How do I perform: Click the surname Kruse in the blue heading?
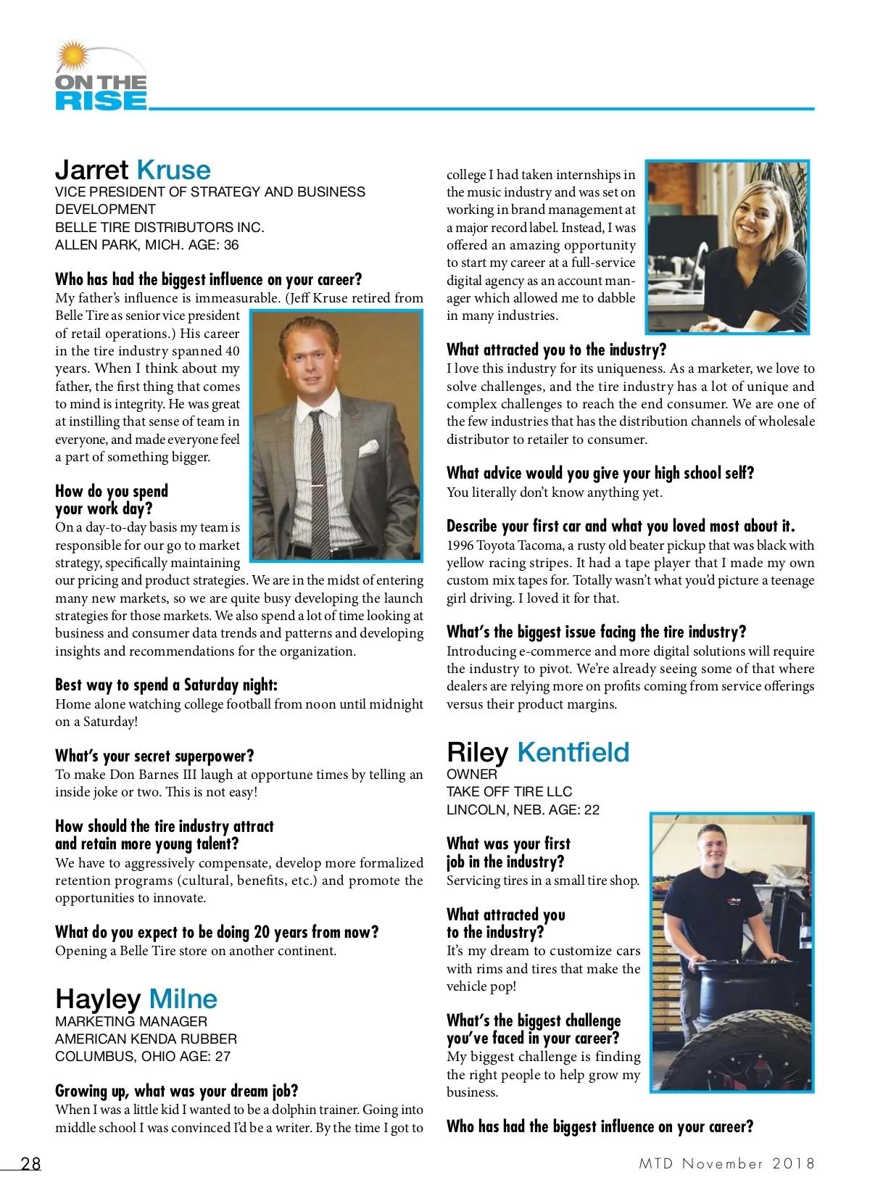pyautogui.click(x=173, y=170)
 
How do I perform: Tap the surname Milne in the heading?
pyautogui.click(x=183, y=999)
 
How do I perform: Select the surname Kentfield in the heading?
pyautogui.click(x=573, y=752)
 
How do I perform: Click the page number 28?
pyautogui.click(x=30, y=1163)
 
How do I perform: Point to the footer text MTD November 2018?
pyautogui.click(x=726, y=1163)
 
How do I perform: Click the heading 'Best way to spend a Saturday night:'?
pyautogui.click(x=166, y=685)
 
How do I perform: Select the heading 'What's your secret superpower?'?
pyautogui.click(x=154, y=756)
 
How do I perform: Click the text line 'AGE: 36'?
pyautogui.click(x=213, y=245)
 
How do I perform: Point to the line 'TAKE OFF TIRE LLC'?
pyautogui.click(x=509, y=791)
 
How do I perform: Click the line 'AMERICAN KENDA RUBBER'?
pyautogui.click(x=146, y=1039)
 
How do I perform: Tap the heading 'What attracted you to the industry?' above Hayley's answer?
pyautogui.click(x=556, y=350)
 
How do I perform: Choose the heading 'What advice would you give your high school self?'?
pyautogui.click(x=600, y=473)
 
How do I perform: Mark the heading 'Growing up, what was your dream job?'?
pyautogui.click(x=176, y=1091)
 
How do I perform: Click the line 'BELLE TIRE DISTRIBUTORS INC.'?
pyautogui.click(x=159, y=227)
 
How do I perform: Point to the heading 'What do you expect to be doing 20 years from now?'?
pyautogui.click(x=217, y=932)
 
